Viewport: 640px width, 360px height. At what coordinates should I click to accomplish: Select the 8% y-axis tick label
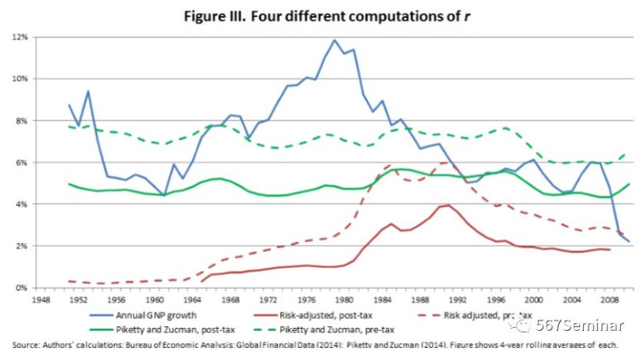coord(22,121)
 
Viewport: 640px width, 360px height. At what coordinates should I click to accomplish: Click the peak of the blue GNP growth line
coord(334,40)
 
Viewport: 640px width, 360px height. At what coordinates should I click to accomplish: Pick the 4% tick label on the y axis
coord(22,204)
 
